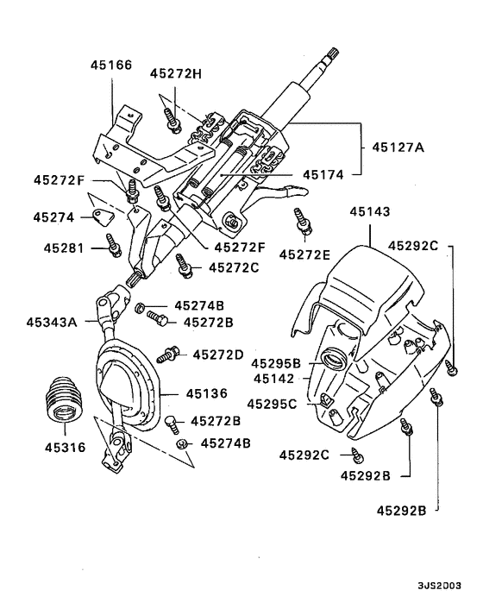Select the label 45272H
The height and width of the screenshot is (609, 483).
tap(175, 73)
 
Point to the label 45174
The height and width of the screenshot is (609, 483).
tap(323, 173)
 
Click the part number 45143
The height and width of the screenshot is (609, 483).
tap(371, 210)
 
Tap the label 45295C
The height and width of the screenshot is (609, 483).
tap(272, 403)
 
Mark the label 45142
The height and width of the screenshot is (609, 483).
tap(274, 378)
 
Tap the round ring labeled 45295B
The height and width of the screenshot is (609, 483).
tap(332, 358)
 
